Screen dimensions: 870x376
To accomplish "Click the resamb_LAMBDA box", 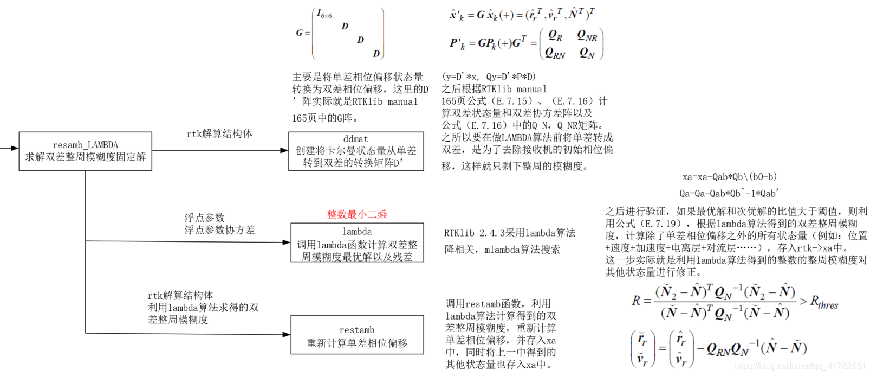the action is coord(85,151).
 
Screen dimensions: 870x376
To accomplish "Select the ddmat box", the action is coord(356,151).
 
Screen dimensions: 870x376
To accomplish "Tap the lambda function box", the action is coord(357,243).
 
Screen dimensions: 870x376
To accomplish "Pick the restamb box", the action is coord(357,335).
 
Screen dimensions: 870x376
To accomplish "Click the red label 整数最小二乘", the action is coord(357,214).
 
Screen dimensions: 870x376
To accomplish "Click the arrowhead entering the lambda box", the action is coord(286,243).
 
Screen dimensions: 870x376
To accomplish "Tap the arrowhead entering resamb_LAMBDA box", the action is coord(15,148).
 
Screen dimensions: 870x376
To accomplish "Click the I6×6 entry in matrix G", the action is coord(324,14).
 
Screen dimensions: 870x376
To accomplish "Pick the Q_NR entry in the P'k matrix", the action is coord(587,36).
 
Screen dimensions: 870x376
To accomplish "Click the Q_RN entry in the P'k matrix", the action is coord(555,53).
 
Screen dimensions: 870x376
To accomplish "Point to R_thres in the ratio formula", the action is coord(823,303).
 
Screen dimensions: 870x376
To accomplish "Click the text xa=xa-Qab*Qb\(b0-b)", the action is coord(730,177).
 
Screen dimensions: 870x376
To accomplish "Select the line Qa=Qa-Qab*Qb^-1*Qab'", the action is coord(729,193).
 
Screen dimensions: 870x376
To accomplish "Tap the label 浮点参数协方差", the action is coord(219,230).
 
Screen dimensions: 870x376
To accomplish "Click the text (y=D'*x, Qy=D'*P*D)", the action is coord(489,77).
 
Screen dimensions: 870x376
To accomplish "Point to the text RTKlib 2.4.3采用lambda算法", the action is coord(509,233).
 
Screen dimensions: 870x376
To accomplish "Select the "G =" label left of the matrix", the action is coord(302,33).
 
